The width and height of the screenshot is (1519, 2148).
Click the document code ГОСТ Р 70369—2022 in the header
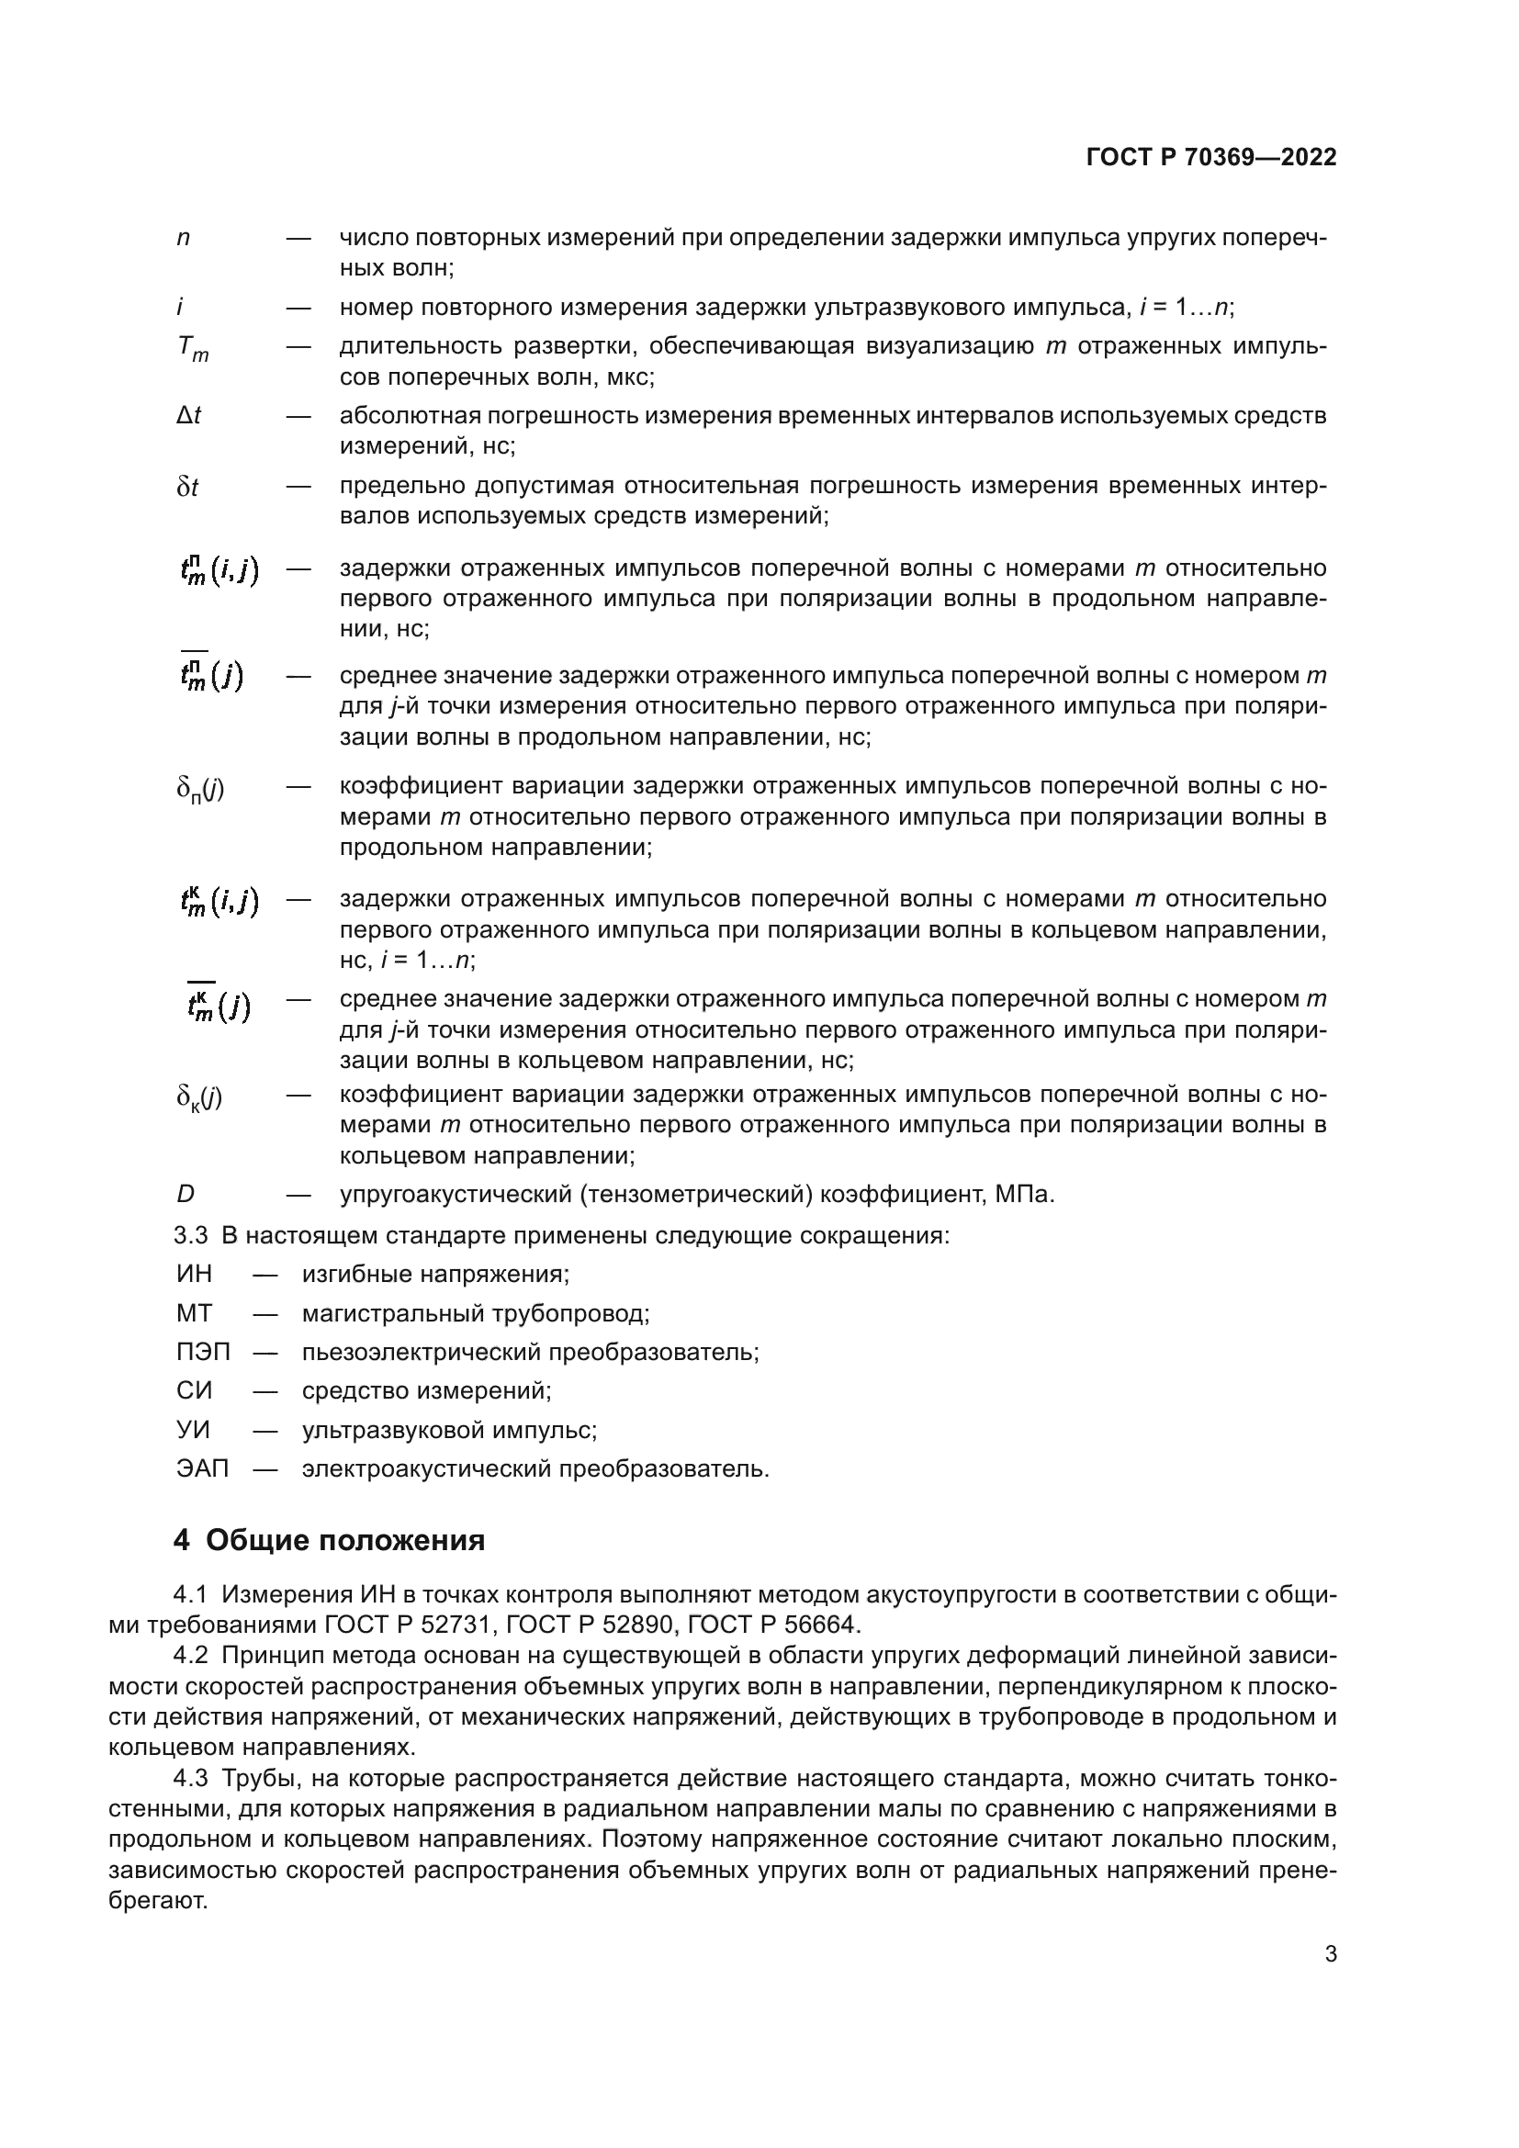[1211, 157]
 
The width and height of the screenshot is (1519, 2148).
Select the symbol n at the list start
[184, 239]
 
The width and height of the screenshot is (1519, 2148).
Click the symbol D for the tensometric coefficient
[186, 1195]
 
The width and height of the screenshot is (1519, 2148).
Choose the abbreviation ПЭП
[203, 1352]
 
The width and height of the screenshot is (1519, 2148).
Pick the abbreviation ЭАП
[202, 1468]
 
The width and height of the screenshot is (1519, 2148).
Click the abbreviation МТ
[195, 1312]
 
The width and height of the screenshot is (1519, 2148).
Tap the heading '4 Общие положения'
[330, 1541]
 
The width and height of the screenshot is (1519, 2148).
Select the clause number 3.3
[191, 1235]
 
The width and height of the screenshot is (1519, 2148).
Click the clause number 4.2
[191, 1656]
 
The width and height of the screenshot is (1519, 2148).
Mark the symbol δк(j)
[199, 1096]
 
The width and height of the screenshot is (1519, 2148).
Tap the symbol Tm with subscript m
[193, 349]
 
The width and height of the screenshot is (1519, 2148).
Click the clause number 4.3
[191, 1779]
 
